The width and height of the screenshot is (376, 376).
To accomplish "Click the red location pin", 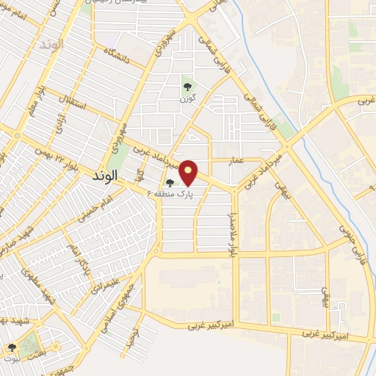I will point(189,171).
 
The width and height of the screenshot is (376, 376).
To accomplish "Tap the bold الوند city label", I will point(106,177).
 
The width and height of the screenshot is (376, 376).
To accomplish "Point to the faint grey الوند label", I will point(52,44).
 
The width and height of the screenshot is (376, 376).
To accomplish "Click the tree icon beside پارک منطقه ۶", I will point(170,183).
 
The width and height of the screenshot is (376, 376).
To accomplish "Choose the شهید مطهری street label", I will point(49,293).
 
